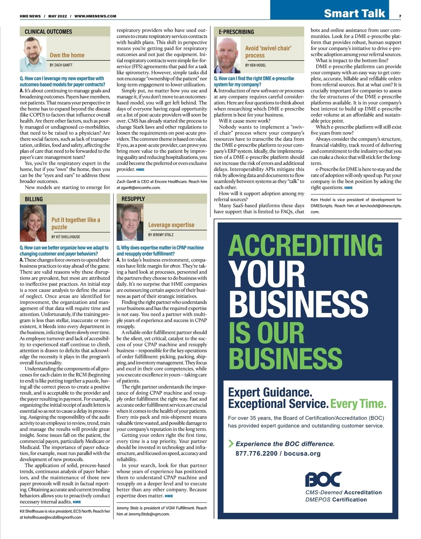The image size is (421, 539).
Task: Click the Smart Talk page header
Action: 354,13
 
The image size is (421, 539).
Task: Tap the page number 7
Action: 400,16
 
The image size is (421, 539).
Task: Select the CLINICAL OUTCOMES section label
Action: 48,32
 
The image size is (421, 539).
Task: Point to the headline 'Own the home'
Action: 67,55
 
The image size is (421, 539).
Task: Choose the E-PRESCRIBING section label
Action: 236,32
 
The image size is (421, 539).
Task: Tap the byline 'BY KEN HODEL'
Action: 255,65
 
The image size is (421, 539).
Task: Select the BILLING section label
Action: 34,199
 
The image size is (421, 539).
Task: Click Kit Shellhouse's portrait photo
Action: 34,223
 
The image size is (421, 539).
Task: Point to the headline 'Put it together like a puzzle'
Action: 76,223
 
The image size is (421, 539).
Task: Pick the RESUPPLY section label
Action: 133,199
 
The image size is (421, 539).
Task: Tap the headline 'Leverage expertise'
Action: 171,225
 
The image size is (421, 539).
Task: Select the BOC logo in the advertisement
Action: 323,479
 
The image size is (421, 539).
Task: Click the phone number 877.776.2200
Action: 256,454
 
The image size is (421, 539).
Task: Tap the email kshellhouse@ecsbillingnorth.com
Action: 51,517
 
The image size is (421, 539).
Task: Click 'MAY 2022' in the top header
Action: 58,16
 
